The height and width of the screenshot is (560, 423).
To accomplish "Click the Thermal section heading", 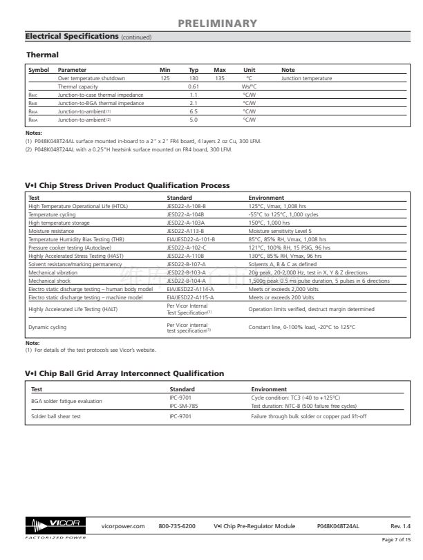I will point(42,54).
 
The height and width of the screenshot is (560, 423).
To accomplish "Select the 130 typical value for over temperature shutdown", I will point(194,79).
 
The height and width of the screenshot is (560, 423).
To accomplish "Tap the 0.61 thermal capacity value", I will point(194,86).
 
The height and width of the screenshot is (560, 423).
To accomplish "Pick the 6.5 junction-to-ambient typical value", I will point(194,111).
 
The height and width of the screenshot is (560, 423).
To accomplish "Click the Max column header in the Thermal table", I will point(220,71).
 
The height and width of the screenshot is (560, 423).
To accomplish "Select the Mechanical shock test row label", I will point(53,282).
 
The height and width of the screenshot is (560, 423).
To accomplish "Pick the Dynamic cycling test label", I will point(45,327).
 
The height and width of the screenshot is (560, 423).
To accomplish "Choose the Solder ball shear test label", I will point(52,416).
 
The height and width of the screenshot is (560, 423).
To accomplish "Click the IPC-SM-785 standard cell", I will point(185,406).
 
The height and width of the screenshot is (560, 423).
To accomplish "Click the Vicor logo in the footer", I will point(52,526).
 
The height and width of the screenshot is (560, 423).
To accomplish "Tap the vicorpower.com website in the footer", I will point(122,526).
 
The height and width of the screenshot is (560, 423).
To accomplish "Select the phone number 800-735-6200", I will point(178,526).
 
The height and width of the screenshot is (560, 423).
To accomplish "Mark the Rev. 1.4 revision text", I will point(399,526).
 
